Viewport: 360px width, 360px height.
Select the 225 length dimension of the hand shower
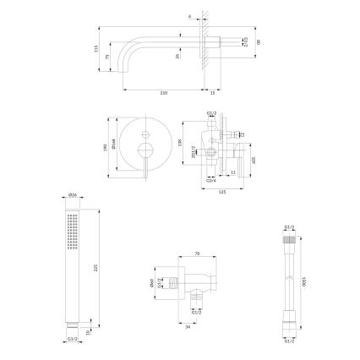96,265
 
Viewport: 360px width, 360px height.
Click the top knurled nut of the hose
290,239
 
